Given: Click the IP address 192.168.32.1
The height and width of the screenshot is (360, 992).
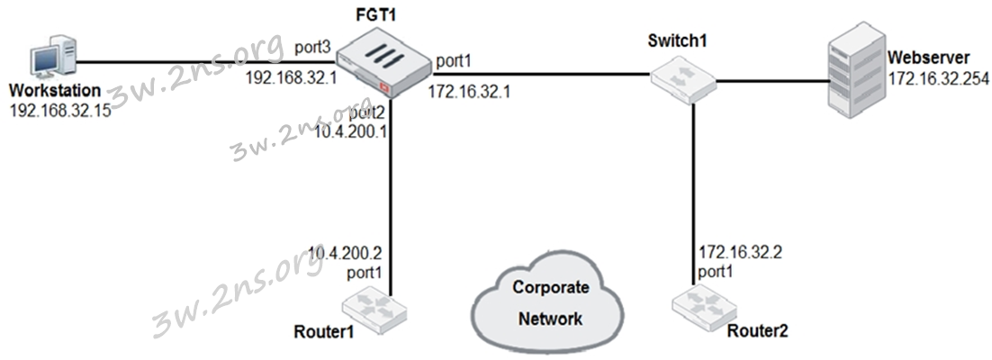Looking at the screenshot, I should [291, 78].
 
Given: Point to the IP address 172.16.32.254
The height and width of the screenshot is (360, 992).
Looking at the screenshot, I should [938, 78].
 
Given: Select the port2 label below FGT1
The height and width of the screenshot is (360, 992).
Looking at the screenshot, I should [365, 113].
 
